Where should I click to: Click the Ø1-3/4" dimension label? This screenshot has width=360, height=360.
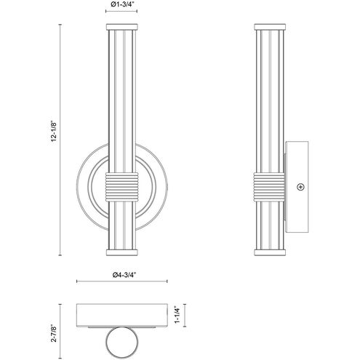[x=121, y=4]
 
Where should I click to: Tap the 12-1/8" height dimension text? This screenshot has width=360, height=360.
[x=54, y=131]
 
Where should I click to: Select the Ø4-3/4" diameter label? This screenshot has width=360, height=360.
[x=124, y=275]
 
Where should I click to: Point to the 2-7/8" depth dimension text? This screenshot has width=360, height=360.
[x=54, y=333]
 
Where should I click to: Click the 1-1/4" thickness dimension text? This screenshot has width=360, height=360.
[x=177, y=315]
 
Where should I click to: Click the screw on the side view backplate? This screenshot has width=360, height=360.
[x=300, y=187]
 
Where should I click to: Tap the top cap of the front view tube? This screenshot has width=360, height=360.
[x=121, y=27]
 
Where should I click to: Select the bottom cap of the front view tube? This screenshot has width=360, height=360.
[x=121, y=252]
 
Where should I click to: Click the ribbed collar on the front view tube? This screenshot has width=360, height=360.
[x=121, y=187]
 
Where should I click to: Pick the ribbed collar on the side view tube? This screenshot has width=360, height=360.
[x=269, y=187]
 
